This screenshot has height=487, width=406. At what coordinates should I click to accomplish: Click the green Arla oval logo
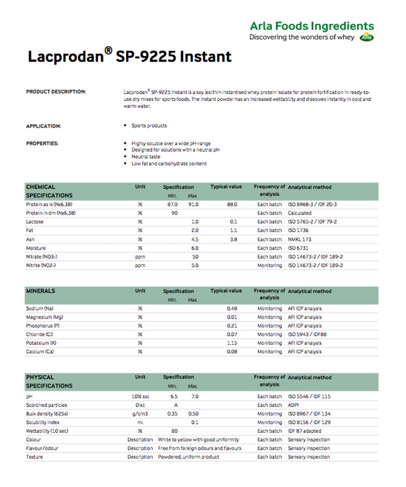click(367, 37)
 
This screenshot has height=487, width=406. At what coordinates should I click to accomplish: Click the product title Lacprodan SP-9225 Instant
click(130, 57)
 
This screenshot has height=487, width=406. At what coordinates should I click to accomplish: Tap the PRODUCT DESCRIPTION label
click(56, 92)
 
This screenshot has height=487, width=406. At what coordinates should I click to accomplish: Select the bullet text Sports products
click(149, 126)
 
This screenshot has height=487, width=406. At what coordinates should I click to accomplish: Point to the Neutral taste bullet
click(146, 157)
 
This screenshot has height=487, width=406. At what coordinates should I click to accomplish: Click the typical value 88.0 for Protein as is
click(232, 204)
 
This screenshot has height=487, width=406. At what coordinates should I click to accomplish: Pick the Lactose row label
click(35, 222)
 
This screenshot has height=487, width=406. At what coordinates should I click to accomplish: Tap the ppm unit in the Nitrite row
click(140, 266)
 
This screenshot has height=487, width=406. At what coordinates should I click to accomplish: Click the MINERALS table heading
click(40, 291)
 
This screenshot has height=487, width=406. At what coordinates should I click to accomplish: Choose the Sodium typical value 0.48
click(232, 309)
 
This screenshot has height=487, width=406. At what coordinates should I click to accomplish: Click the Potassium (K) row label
click(41, 343)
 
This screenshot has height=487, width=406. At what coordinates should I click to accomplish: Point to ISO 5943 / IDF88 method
click(307, 334)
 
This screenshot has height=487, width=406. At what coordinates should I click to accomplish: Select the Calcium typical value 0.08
click(232, 352)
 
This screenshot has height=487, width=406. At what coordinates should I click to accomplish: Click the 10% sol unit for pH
click(140, 396)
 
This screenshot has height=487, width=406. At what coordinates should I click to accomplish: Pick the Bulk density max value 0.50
click(194, 414)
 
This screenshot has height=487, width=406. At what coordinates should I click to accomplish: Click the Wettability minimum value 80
click(174, 431)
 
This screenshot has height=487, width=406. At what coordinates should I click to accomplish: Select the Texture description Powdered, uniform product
click(189, 457)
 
